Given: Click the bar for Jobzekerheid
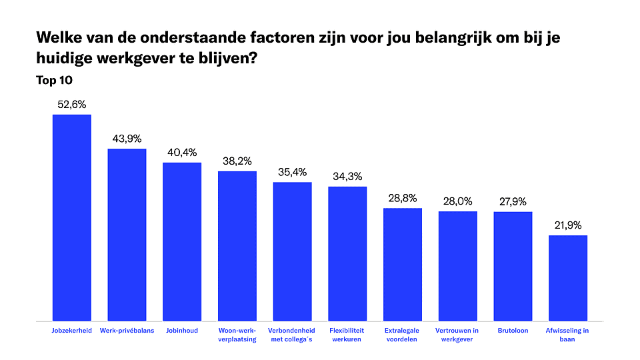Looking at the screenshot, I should click(72, 217).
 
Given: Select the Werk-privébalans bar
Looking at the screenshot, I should click(127, 234).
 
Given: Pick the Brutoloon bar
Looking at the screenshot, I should click(513, 266).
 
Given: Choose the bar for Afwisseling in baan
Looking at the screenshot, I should click(568, 277).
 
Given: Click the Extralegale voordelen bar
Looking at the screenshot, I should click(403, 264).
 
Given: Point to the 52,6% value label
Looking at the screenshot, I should click(72, 105).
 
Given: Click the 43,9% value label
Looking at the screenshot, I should click(127, 139).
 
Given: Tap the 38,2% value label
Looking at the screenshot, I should click(237, 161).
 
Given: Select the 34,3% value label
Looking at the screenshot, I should click(347, 177).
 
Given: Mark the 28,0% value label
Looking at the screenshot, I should click(457, 201).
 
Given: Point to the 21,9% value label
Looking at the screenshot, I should click(568, 225).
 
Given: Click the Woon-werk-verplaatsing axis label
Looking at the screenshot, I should click(237, 335).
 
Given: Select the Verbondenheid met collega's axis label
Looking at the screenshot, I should click(292, 335).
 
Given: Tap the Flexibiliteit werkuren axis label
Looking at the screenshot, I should click(347, 335).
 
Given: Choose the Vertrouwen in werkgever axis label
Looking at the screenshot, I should click(457, 335).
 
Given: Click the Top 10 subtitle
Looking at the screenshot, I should click(54, 80).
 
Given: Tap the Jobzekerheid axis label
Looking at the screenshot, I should click(72, 331).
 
